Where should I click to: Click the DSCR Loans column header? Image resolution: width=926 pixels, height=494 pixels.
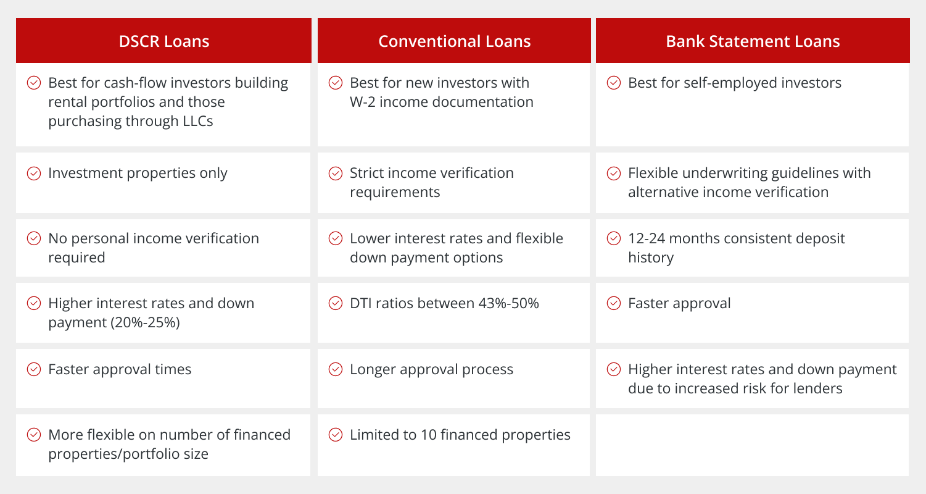[x=163, y=41]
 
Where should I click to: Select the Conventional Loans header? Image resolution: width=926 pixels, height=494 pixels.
[x=454, y=41]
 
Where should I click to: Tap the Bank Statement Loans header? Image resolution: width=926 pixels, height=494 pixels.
[x=753, y=41]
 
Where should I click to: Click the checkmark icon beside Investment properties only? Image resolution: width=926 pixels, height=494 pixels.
[x=34, y=174]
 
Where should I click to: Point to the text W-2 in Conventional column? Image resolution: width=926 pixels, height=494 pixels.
[x=363, y=102]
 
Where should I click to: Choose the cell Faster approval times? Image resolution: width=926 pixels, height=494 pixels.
[x=163, y=379]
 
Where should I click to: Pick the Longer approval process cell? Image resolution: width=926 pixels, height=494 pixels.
[x=453, y=379]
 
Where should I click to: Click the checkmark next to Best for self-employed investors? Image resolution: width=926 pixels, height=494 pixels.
[x=614, y=83]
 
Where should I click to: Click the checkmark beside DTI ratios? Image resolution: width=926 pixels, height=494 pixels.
[x=336, y=303]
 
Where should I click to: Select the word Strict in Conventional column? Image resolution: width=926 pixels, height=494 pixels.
[x=369, y=173]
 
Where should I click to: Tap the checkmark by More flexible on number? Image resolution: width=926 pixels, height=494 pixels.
[x=34, y=435]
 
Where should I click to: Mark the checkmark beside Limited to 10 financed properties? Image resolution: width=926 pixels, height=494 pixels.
[x=336, y=435]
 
